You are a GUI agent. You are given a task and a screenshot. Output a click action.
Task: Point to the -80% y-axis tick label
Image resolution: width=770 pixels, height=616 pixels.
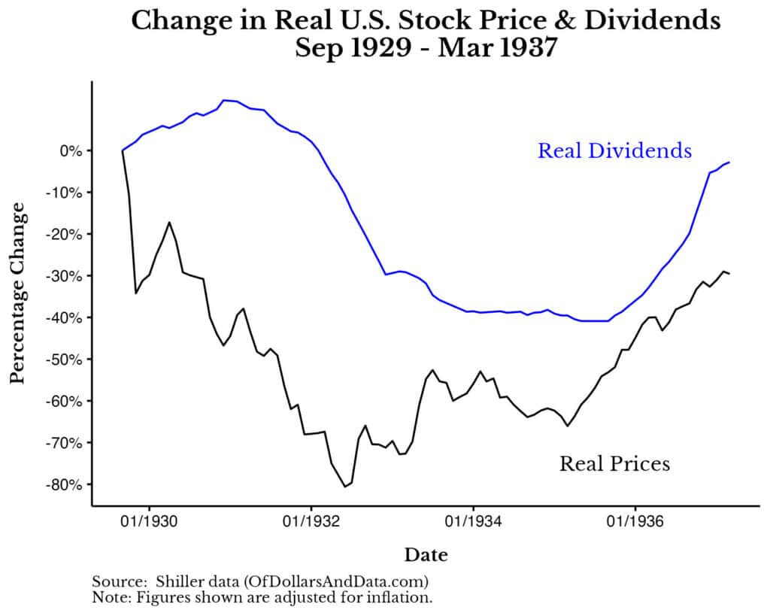[x=63, y=484]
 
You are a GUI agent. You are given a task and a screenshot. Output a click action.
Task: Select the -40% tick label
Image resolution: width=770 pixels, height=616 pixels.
[x=63, y=317]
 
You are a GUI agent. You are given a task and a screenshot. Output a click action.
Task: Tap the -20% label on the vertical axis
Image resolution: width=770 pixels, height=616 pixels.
[x=63, y=234]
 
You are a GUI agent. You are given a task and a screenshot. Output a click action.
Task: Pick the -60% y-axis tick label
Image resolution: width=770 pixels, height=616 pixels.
[x=63, y=401]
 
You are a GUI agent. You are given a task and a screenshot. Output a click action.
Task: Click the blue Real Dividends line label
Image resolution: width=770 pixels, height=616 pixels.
[x=614, y=150]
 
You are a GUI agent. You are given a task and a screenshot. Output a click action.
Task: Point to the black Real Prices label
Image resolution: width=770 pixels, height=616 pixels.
[x=614, y=463]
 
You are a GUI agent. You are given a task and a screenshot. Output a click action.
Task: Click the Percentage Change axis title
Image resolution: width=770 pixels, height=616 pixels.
[x=18, y=293]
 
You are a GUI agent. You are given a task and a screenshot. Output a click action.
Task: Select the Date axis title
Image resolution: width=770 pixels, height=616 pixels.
[x=426, y=556]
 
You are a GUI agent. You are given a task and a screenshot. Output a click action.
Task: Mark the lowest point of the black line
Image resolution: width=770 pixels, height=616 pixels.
[x=345, y=487]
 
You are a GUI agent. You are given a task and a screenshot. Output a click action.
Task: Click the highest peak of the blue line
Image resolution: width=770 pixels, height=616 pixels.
[x=224, y=99]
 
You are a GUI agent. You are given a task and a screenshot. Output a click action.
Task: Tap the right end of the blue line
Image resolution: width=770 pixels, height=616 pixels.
[x=729, y=162]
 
